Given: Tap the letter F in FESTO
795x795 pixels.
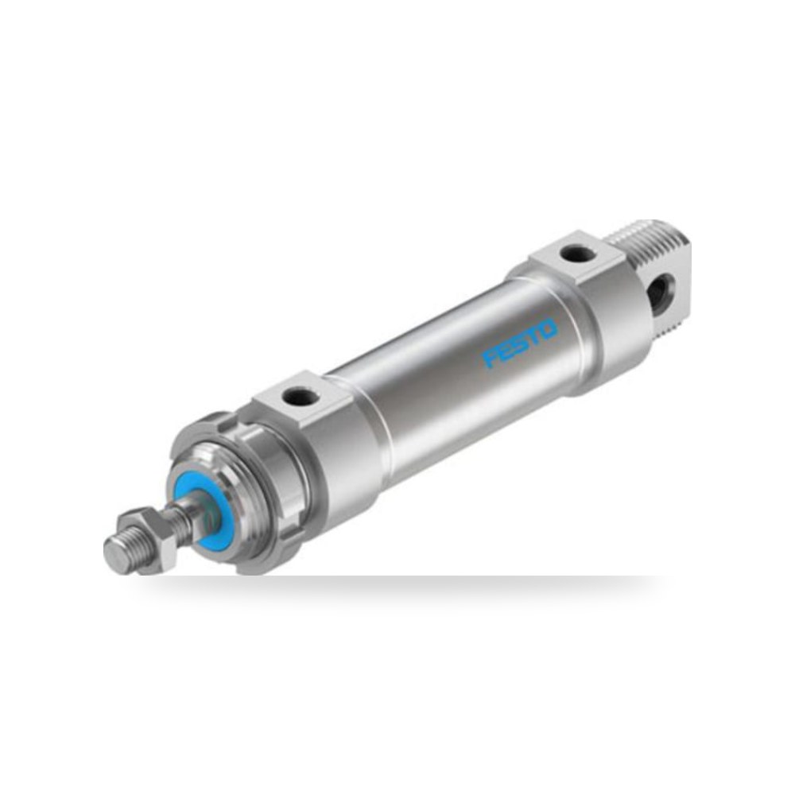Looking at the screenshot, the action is [x=491, y=358].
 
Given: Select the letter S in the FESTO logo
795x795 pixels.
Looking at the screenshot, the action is [x=520, y=343].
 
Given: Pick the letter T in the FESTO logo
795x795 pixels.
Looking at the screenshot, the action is [x=535, y=335].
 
